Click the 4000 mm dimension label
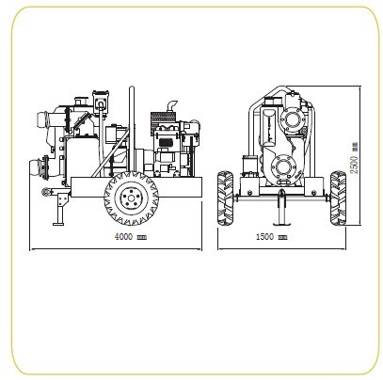pos(131,237)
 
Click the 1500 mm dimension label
pos(272,237)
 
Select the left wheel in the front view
pos(226,198)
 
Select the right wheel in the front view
pos(338,198)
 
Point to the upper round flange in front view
pos(292,119)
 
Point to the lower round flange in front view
pos(282,166)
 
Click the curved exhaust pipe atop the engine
pos(172,106)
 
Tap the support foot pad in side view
pos(58,224)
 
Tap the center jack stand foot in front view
pos(281,224)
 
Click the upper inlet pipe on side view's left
pos(45,119)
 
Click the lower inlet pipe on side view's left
pos(39,169)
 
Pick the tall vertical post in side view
pos(132,129)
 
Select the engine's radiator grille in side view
pos(162,119)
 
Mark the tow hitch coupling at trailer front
pos(46,191)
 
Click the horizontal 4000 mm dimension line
pos(116,249)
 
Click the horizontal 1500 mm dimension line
pos(281,249)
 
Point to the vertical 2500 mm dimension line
pos(359,156)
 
